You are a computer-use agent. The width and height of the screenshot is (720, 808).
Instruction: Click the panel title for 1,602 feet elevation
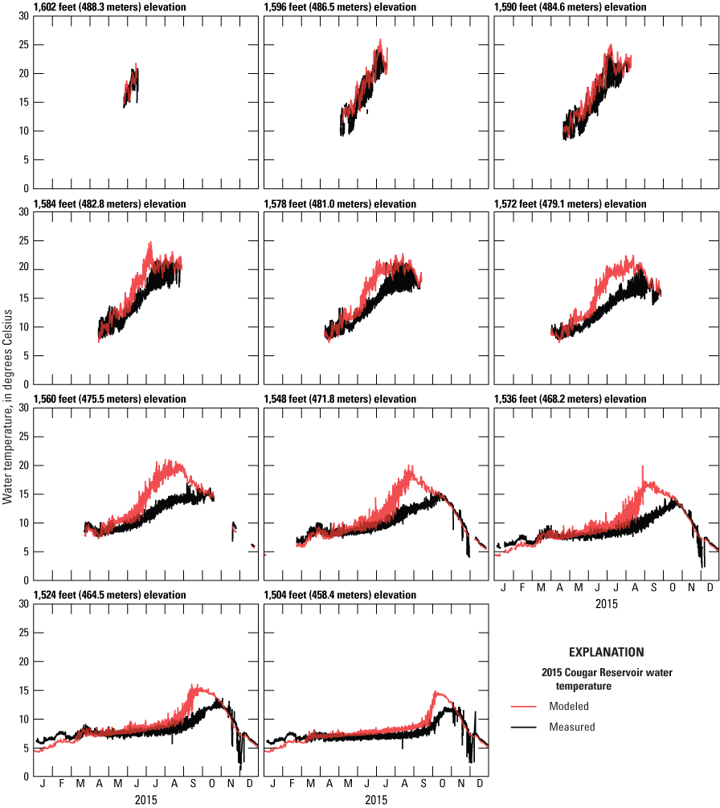tap(110, 7)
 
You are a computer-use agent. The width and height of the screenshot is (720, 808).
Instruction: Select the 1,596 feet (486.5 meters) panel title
tap(340, 7)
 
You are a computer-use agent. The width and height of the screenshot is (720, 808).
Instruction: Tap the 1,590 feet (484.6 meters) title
tap(570, 7)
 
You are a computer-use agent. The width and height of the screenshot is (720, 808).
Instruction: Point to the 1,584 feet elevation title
tap(110, 204)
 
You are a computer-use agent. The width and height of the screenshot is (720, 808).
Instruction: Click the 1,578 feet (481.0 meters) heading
tap(340, 204)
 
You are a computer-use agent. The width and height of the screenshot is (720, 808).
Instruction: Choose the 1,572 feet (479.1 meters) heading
tap(570, 204)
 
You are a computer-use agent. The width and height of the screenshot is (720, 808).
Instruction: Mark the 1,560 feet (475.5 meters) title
tap(110, 400)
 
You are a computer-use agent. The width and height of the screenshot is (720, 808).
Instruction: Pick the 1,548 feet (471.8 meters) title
tap(340, 400)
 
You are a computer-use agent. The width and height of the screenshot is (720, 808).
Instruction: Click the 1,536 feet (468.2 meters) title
tap(570, 400)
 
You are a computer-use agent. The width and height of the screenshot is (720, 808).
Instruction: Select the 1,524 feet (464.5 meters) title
tap(110, 595)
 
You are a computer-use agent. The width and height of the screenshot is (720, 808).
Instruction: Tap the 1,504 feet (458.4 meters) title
tap(340, 595)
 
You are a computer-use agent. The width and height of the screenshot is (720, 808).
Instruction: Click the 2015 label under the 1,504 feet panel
tap(375, 801)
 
